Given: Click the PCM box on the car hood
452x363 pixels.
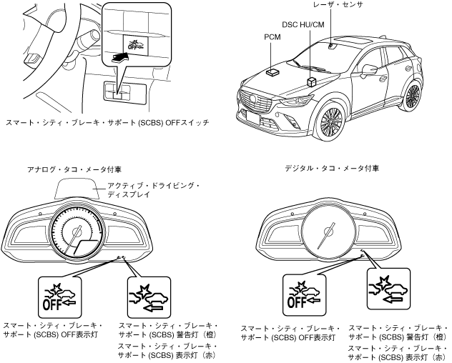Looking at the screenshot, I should [x=272, y=71].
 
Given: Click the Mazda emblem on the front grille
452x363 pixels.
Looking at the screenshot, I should [x=250, y=96].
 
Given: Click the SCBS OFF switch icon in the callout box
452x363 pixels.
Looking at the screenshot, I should [x=133, y=45].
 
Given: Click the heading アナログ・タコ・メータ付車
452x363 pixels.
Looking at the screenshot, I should [x=67, y=169].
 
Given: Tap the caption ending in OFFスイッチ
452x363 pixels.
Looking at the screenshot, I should [x=107, y=124].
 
